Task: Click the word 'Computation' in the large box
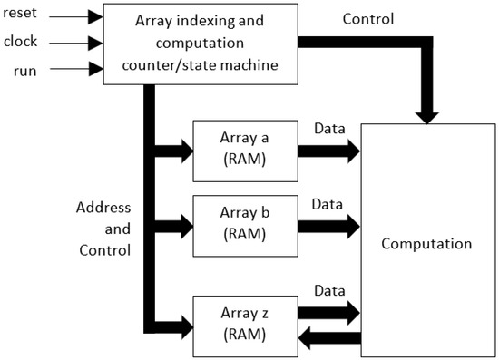coord(426,244)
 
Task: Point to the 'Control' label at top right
coord(368,19)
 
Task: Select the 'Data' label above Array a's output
coord(328,129)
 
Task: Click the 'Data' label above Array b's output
coord(328,205)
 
